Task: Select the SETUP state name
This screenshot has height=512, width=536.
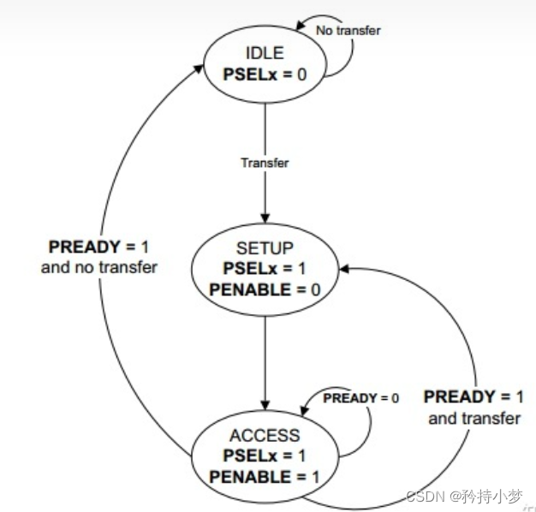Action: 265,249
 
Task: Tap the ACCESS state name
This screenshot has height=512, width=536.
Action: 265,435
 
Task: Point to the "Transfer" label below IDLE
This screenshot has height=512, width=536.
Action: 265,163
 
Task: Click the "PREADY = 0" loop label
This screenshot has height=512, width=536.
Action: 360,398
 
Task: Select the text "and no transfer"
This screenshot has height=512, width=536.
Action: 99,268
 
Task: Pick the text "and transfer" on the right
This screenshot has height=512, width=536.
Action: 474,418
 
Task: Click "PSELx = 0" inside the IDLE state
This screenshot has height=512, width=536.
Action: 265,74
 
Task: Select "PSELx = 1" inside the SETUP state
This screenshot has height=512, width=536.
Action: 265,269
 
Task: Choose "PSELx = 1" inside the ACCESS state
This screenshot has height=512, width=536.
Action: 265,455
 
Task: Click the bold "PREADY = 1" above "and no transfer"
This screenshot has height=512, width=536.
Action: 99,247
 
